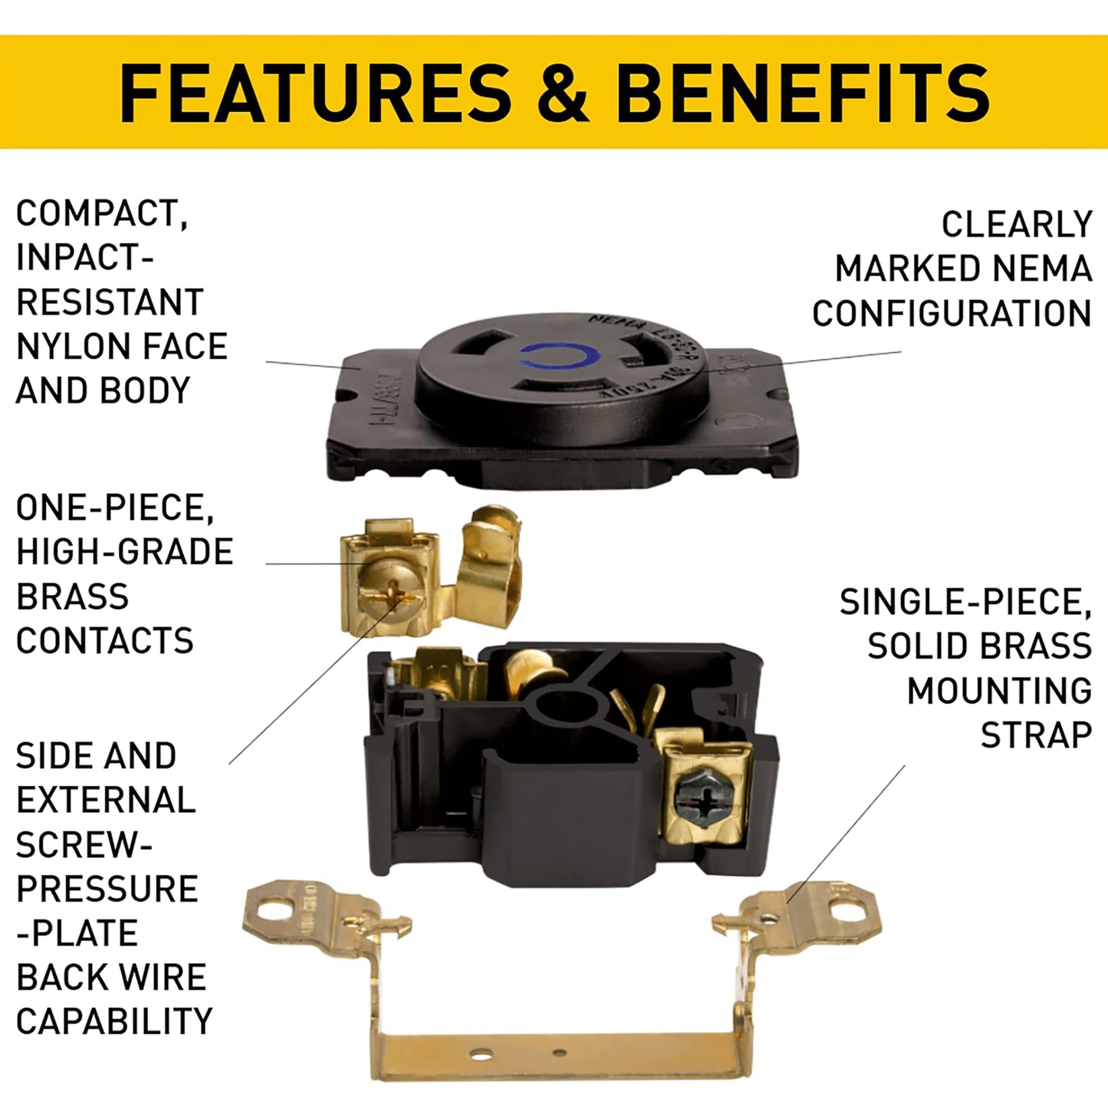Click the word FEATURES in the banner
pos(315,94)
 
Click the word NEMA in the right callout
pos(1041,269)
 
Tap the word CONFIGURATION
pos(952,314)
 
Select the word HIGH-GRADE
pos(124,552)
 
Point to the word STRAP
pos(1036,735)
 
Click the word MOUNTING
pos(999,691)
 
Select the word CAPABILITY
pos(113,1021)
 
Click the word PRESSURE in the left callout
pos(107,889)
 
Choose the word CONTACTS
pos(104,641)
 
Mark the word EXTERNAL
pos(106,801)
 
